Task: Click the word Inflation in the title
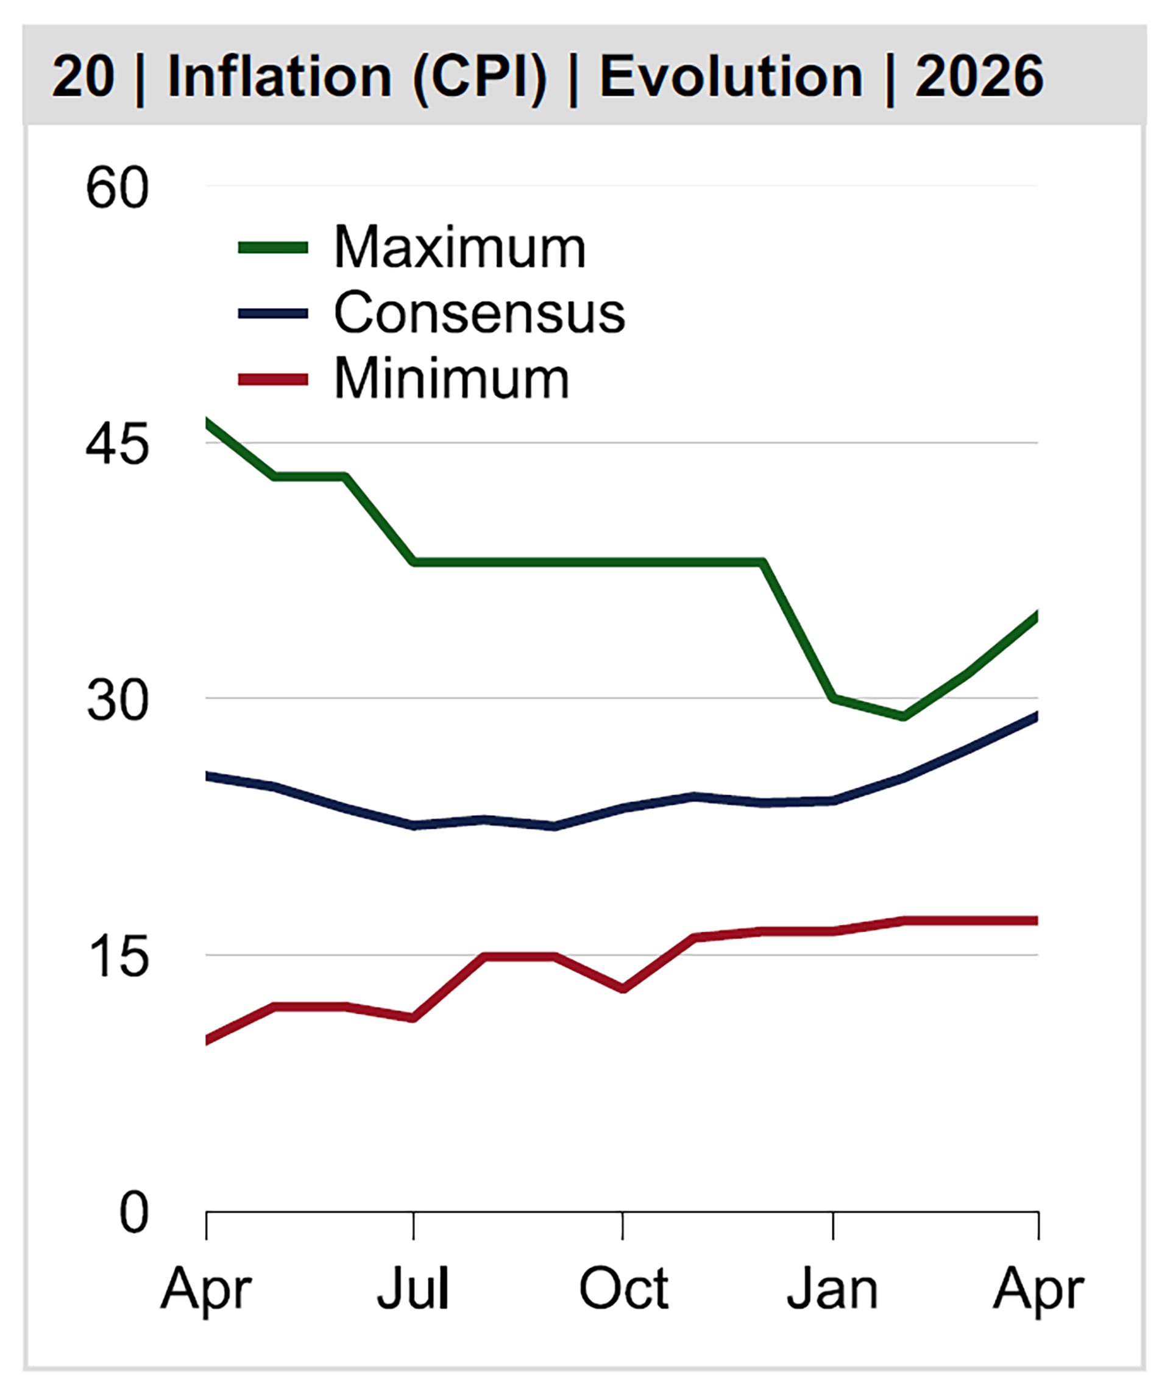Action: click(279, 76)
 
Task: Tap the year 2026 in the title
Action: click(979, 76)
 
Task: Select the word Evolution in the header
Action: click(731, 76)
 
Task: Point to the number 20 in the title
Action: click(83, 76)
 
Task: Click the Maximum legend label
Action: click(459, 247)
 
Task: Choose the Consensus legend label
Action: click(479, 313)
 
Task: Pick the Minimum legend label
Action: click(452, 378)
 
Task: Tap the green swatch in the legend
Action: click(272, 248)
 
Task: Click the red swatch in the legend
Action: click(272, 379)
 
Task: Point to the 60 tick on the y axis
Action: click(117, 189)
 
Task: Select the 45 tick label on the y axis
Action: click(117, 445)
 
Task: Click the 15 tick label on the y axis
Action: click(117, 958)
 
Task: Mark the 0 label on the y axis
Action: click(133, 1214)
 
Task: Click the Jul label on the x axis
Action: click(413, 1290)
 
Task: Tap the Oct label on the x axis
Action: click(623, 1290)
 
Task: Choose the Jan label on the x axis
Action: click(832, 1290)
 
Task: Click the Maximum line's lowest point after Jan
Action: click(903, 716)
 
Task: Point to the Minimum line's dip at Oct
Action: click(623, 988)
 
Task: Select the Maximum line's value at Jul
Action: click(414, 562)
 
